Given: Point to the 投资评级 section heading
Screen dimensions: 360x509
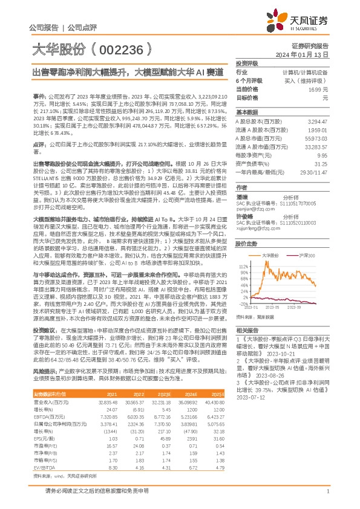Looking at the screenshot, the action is coord(247,63).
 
